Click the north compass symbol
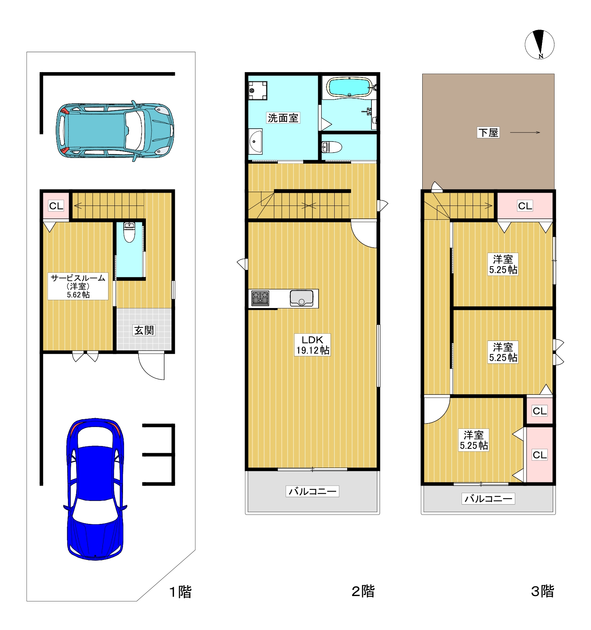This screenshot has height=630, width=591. (539, 44)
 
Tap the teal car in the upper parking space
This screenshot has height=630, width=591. (115, 131)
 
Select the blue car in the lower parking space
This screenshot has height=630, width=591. (95, 489)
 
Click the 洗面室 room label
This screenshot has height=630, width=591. (283, 118)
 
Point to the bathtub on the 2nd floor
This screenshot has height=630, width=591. (349, 87)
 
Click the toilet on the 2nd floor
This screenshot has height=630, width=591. (332, 147)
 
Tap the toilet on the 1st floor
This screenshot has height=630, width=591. (129, 232)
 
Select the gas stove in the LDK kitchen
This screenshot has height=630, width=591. (260, 298)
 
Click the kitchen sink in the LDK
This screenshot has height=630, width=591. (301, 298)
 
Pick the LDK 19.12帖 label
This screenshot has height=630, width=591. (312, 345)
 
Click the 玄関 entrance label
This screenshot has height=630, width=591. (144, 330)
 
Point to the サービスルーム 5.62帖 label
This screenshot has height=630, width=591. (78, 286)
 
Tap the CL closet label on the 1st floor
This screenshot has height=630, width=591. (56, 206)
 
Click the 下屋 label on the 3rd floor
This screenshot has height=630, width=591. (488, 133)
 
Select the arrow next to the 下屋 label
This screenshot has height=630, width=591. (525, 133)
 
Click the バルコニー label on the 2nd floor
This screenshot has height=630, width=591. (312, 491)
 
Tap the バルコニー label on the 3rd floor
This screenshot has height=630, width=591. (488, 498)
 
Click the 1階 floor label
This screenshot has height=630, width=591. (180, 592)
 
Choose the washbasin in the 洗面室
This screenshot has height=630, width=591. (256, 141)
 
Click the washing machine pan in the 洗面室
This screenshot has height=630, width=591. (258, 90)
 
